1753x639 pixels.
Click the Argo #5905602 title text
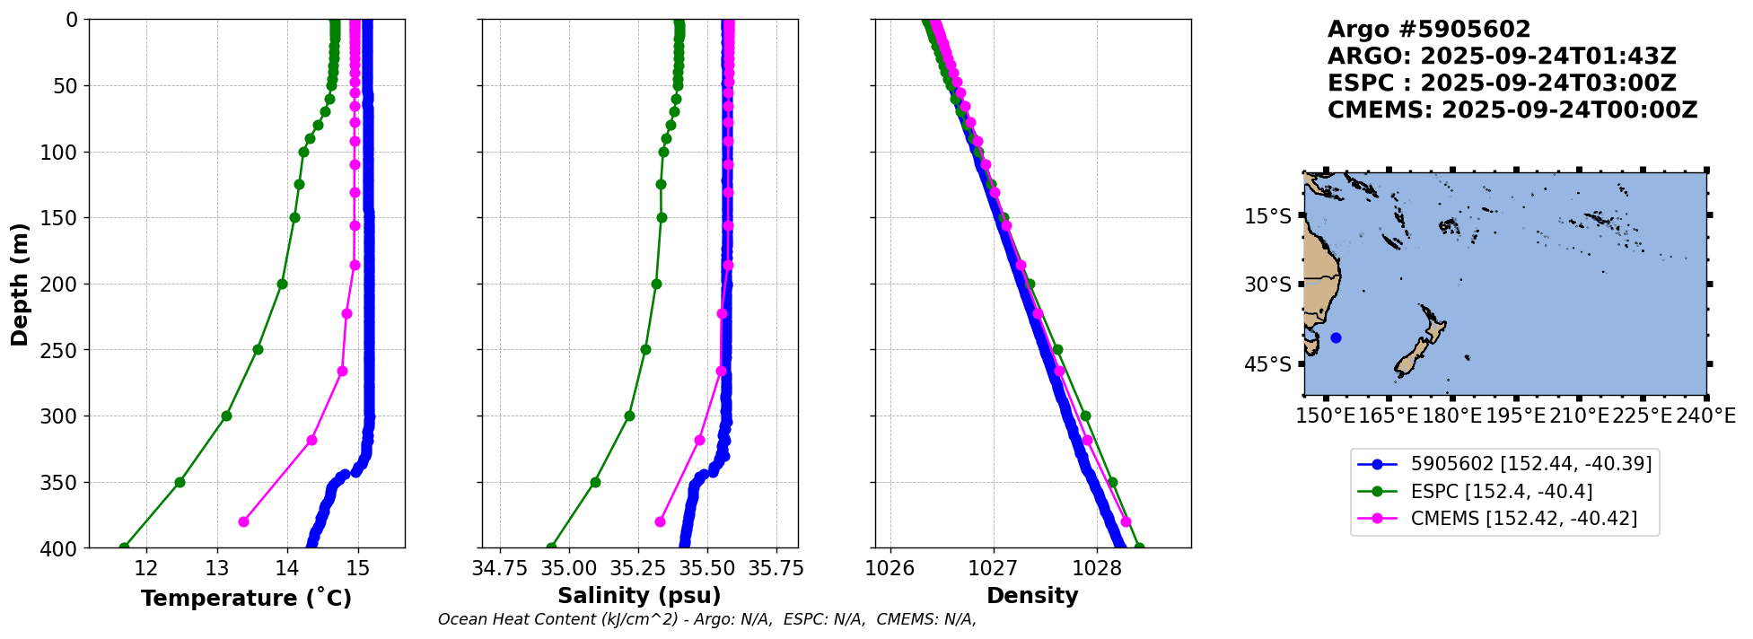point(1429,30)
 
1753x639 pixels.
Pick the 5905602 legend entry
point(1503,464)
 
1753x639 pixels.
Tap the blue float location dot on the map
point(1336,337)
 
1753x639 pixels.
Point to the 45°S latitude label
point(1268,364)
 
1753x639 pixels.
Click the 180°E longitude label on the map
point(1451,416)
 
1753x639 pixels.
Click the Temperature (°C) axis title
point(246,598)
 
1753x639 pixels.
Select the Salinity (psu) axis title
point(639,596)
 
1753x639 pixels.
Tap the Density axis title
point(1032,596)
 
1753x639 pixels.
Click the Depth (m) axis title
point(20,284)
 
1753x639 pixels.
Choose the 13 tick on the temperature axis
point(216,568)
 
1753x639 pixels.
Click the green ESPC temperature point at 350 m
point(180,482)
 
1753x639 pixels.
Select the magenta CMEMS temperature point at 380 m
point(243,521)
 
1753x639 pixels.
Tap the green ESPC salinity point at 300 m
point(629,416)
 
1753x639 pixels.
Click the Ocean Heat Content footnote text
point(706,619)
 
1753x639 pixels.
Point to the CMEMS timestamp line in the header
point(1512,110)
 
